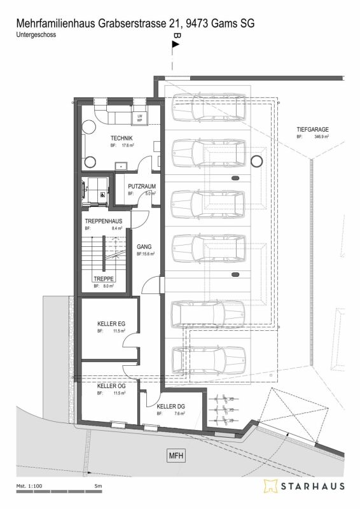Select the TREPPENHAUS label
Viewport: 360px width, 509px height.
point(103,220)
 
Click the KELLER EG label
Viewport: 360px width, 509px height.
point(111,324)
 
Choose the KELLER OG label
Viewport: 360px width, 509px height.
point(111,386)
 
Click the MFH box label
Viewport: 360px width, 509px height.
point(176,456)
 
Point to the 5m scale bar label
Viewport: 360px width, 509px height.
point(98,487)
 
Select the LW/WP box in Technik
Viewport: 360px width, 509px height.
point(139,117)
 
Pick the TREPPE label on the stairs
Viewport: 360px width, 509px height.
point(103,279)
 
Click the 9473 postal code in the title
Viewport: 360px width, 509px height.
point(197,24)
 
